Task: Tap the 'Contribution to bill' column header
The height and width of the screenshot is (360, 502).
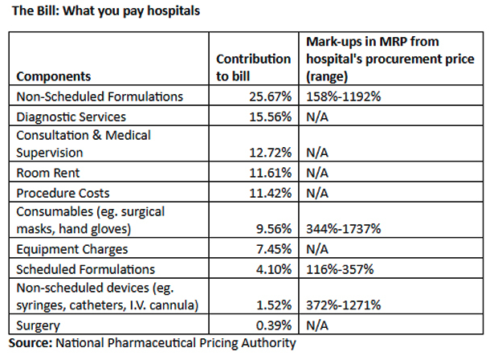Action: tap(254, 67)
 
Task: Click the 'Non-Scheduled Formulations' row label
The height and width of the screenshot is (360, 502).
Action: tap(100, 96)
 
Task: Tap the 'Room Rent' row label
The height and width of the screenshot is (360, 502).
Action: tap(47, 172)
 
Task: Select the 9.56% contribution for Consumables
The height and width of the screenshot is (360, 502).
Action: tap(273, 229)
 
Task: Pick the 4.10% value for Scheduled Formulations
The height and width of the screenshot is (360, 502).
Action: tap(273, 269)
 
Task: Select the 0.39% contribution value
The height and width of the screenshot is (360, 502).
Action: tap(273, 325)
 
